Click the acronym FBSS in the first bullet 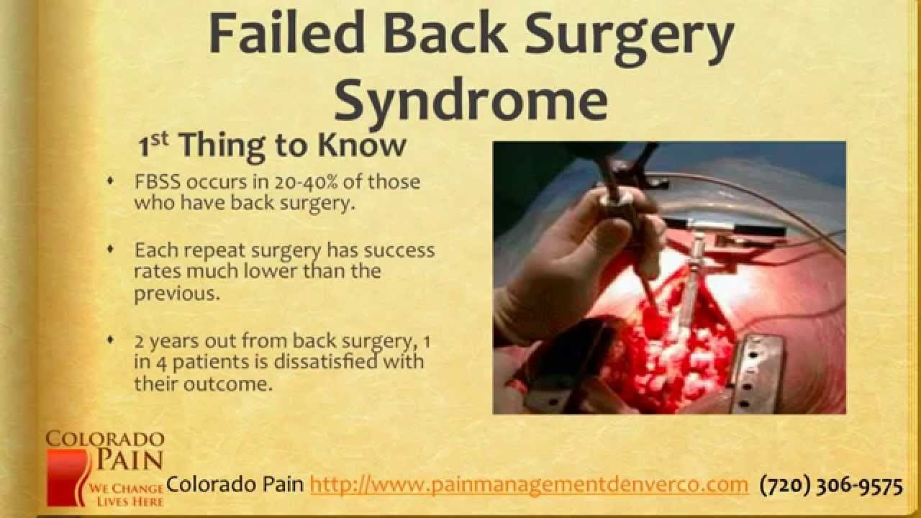coord(155,182)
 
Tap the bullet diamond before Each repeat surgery coord(110,249)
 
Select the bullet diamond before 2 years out coord(110,339)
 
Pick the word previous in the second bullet coord(176,295)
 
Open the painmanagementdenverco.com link coord(530,485)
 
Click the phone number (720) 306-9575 coord(831,486)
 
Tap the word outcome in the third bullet coord(236,383)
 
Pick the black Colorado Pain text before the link coord(235,485)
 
